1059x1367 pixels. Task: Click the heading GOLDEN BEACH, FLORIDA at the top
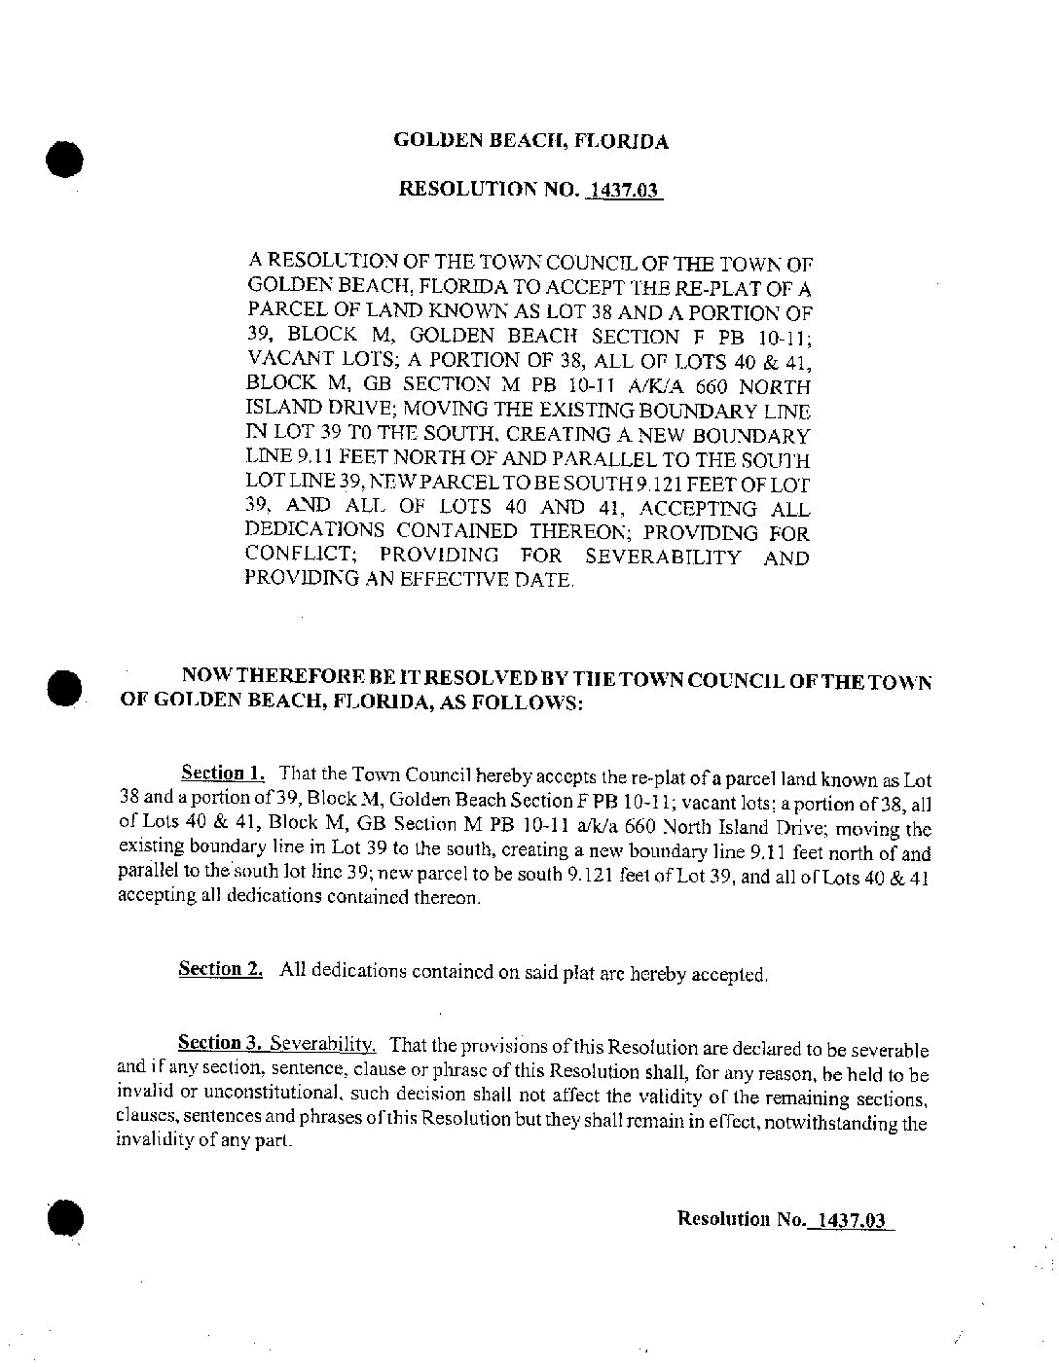tap(530, 141)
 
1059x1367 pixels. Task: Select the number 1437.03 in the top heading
tap(625, 190)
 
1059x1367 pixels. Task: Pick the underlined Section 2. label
tap(220, 969)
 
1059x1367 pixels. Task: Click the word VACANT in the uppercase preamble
tap(284, 361)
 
